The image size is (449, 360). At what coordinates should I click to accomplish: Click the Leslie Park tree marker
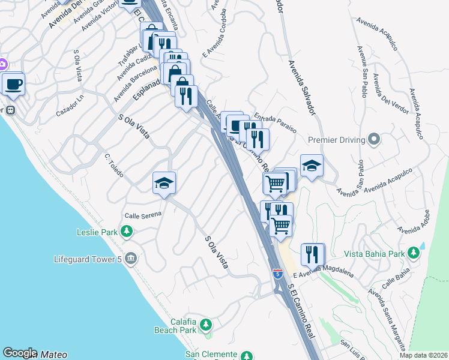126,232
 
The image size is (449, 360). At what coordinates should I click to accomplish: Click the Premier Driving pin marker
374,140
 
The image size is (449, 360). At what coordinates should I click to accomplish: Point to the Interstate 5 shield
277,274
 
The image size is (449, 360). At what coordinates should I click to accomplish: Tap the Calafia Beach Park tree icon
206,325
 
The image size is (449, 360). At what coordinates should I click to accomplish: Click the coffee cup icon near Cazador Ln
13,84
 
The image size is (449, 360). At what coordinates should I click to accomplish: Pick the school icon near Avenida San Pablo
312,166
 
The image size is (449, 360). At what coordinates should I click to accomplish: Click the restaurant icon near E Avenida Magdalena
312,254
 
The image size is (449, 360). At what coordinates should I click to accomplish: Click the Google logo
20,353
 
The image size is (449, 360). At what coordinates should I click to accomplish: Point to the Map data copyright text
423,355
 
